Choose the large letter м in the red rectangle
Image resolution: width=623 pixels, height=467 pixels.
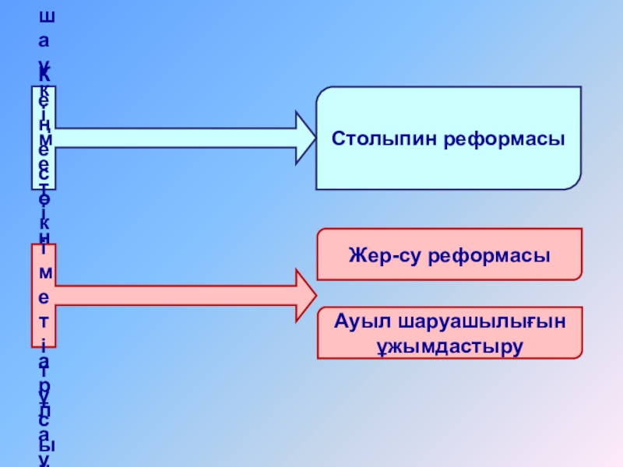coord(44,273)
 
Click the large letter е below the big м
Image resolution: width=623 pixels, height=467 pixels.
coord(44,297)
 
